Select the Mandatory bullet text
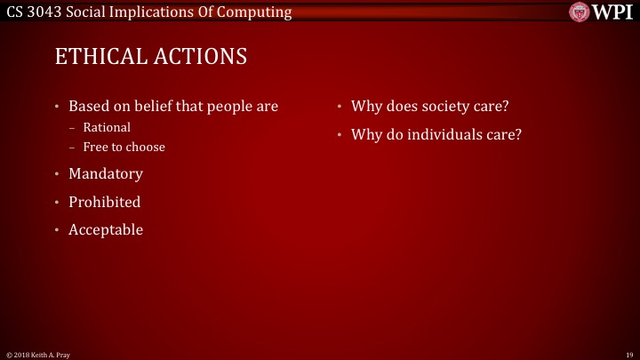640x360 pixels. (106, 173)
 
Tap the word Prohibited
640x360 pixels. (105, 202)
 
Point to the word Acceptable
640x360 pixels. (106, 229)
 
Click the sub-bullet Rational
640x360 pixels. (107, 127)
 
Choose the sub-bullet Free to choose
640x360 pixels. (124, 147)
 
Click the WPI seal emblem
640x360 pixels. (580, 12)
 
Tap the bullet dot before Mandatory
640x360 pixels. (58, 174)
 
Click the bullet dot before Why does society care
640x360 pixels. (340, 108)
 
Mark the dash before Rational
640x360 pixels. (73, 127)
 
